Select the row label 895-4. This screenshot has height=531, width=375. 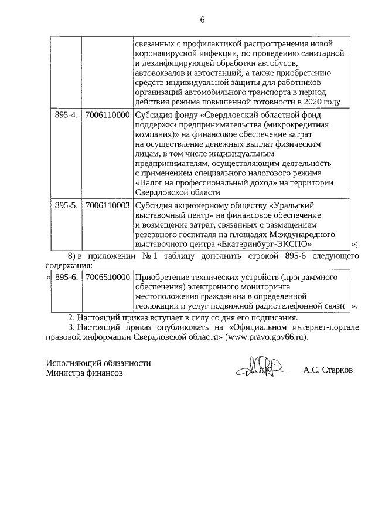click(x=66, y=116)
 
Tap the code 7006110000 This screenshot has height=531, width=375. click(x=107, y=116)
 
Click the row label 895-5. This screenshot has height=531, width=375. click(x=66, y=206)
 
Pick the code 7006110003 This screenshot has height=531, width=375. click(x=107, y=206)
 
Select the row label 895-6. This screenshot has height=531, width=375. click(x=66, y=277)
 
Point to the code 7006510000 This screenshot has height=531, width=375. click(x=107, y=277)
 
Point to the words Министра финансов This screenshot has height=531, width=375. click(x=85, y=373)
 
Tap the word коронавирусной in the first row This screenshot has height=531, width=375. click(x=162, y=53)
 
